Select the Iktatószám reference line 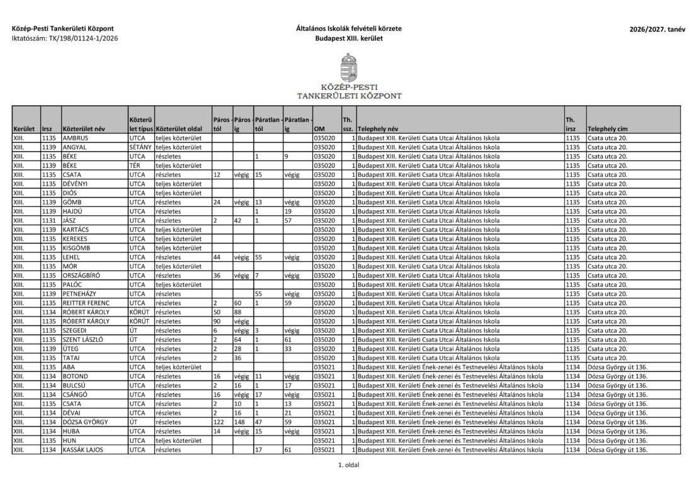click(x=64, y=39)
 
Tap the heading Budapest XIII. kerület click(x=349, y=39)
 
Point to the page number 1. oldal click(x=349, y=465)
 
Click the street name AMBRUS click(x=75, y=138)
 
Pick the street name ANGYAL click(x=74, y=147)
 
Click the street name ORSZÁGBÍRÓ click(x=81, y=275)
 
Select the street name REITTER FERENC click(x=86, y=303)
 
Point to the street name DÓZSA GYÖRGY click(x=84, y=422)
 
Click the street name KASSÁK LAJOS click(x=83, y=450)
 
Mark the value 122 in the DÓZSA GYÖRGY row click(x=219, y=422)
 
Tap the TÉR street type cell click(x=134, y=165)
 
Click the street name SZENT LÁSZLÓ click(x=82, y=340)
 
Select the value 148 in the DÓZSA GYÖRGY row click(x=239, y=422)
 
